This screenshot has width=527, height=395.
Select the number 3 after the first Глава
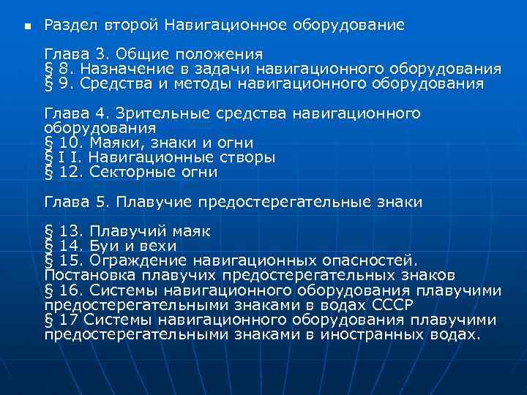[x=102, y=54]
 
